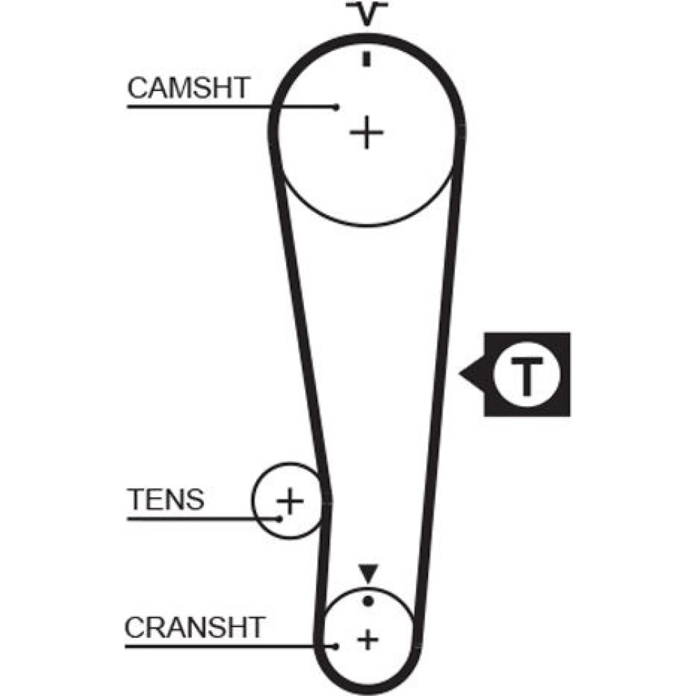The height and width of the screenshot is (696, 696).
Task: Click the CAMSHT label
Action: (188, 88)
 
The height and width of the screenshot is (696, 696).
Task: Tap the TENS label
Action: (166, 499)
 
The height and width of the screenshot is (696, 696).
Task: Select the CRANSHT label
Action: (195, 627)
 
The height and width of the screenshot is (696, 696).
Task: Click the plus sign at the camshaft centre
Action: (366, 132)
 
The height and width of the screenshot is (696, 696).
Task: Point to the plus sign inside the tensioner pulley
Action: (290, 500)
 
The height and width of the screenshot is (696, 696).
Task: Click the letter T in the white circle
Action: (527, 376)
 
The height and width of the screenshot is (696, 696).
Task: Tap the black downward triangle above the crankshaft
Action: (367, 574)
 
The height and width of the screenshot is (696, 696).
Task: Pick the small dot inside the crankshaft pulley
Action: (367, 600)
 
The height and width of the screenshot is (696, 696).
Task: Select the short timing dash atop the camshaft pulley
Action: (366, 60)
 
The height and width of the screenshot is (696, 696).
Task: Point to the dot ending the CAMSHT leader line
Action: (336, 107)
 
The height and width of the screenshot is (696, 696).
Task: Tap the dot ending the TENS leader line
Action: (279, 519)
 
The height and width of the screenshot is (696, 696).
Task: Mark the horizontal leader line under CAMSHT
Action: (230, 107)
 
